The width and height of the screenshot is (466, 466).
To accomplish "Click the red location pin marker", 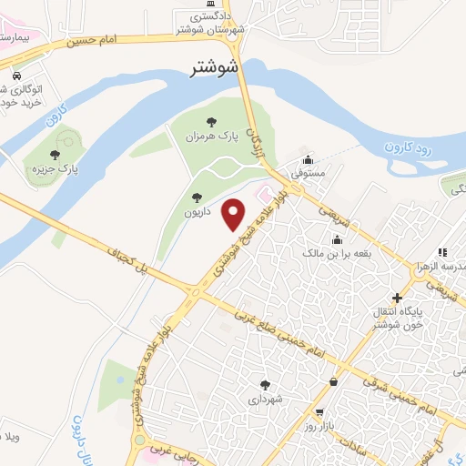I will (235, 214).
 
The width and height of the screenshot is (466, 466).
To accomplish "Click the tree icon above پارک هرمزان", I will (211, 120).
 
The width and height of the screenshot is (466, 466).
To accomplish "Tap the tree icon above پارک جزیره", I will (56, 155).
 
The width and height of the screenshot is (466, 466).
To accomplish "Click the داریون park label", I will (198, 210).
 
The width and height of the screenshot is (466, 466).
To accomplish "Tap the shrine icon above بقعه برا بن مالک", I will (338, 240).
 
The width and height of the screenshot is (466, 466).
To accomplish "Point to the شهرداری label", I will (266, 399).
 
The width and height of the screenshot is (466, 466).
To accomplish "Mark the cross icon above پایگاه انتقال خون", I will (396, 298).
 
